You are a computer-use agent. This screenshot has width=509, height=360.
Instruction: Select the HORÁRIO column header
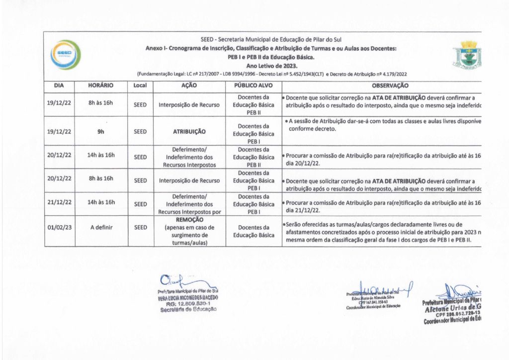click(100, 86)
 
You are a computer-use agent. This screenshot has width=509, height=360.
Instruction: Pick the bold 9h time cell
click(100, 132)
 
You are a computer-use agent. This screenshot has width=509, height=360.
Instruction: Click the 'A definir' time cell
click(100, 227)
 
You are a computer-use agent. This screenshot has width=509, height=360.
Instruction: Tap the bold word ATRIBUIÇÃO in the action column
click(189, 132)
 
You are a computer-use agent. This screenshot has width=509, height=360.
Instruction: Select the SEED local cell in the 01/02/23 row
click(141, 227)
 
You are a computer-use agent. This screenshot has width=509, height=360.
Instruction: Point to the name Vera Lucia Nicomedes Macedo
click(187, 297)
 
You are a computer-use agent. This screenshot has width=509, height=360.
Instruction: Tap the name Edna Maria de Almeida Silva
click(372, 297)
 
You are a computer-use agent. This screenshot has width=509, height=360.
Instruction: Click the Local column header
click(141, 86)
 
